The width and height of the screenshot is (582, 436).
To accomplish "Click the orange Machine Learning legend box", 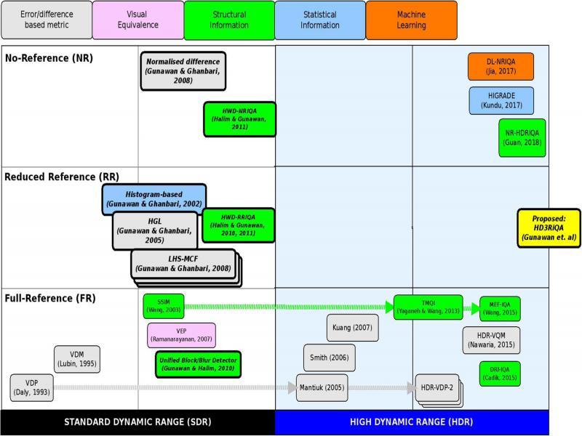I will (x=411, y=20).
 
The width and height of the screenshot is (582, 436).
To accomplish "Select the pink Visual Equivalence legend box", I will (x=137, y=20).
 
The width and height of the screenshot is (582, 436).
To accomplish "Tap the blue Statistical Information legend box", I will (x=320, y=20).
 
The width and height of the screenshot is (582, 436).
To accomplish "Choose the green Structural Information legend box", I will (x=229, y=20).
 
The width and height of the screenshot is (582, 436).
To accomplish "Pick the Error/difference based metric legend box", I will (x=47, y=20).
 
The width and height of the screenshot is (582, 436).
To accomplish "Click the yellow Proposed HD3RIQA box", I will (x=549, y=228).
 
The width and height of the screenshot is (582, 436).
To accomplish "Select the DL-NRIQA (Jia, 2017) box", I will (x=501, y=67).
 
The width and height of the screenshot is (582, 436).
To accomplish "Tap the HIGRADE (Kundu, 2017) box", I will (x=501, y=100).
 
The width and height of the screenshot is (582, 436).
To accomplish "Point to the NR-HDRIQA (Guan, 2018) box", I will (x=522, y=138).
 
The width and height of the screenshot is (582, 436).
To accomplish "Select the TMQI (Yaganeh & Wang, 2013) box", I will (x=428, y=307).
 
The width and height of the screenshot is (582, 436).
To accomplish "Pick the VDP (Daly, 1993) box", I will (x=31, y=387).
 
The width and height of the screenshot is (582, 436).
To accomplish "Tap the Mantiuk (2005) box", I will (x=322, y=387).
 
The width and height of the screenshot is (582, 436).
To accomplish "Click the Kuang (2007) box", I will (x=352, y=328).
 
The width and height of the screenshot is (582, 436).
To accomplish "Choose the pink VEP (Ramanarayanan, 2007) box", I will (x=181, y=335).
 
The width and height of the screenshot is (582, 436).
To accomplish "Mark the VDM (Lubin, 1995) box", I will (x=76, y=358).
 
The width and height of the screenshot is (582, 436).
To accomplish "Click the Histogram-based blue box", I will (x=154, y=199).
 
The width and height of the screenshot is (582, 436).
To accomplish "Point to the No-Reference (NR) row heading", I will (x=49, y=58).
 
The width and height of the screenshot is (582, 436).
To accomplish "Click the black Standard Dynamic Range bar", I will (x=137, y=422).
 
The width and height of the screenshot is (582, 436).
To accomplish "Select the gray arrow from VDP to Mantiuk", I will (x=175, y=387).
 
